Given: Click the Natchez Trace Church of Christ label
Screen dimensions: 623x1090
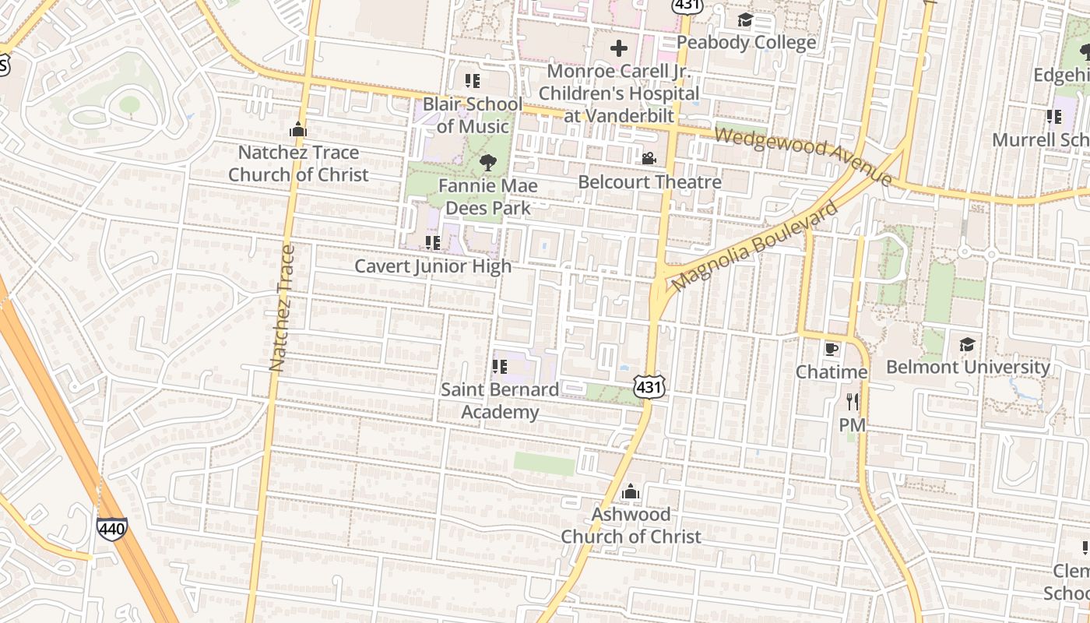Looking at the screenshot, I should pos(298,164).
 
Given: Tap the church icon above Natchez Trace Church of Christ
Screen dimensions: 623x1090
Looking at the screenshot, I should pos(298,130).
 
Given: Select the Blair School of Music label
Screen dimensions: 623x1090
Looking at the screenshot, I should pos(473,115).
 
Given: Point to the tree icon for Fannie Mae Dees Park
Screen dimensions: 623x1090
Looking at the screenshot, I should pos(488,163).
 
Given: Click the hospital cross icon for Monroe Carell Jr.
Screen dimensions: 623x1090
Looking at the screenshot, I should pos(619,49).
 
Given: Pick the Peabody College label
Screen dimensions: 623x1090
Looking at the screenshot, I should pos(747,42).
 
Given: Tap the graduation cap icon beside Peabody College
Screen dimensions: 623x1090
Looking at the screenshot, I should pos(746,19).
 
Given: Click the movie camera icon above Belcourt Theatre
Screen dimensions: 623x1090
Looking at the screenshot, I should pos(649,159).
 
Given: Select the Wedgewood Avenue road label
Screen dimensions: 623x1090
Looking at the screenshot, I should pos(803,157).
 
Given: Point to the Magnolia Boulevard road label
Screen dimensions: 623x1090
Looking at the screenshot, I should pos(754,245).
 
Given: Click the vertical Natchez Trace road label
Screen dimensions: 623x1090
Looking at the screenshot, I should pos(282,308).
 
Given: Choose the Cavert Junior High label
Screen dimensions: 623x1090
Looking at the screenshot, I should pos(433,266).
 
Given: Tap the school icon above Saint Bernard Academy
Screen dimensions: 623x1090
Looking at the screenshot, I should pos(500,366).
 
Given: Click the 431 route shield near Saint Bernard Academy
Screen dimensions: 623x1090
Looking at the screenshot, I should pos(649,386).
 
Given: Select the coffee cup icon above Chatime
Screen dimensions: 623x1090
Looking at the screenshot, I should pos(832,348).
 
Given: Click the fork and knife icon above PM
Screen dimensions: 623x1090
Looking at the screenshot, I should pos(853,402).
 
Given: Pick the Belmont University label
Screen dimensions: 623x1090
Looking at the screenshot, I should pos(968,367).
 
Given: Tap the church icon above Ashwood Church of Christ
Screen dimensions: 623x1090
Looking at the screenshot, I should pos(631,492).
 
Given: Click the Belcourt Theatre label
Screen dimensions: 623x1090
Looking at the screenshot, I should pos(649,182).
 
